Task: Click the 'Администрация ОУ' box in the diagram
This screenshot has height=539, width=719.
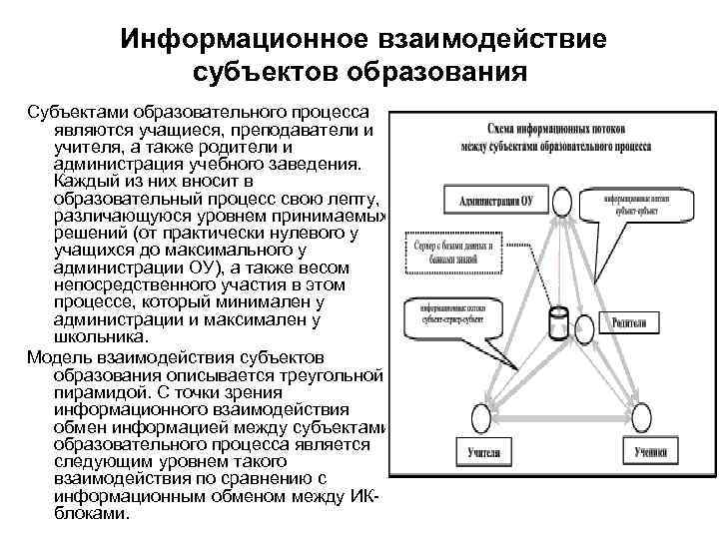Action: (x=494, y=201)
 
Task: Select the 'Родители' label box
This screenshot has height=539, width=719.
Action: (x=629, y=323)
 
